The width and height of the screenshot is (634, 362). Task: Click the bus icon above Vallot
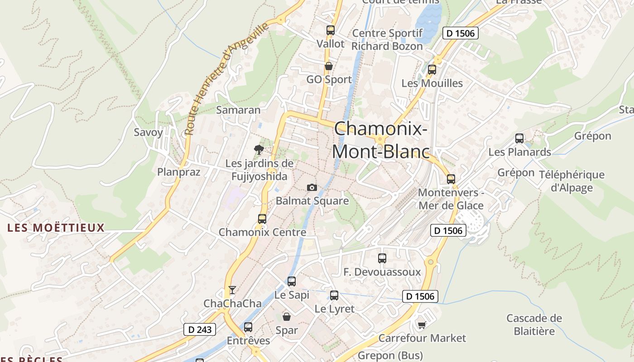coord(331,30)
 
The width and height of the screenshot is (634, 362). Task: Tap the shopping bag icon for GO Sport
coord(329,66)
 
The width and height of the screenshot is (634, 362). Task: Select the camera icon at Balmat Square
coord(312,187)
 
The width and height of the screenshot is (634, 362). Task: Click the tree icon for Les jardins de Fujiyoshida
coord(259,149)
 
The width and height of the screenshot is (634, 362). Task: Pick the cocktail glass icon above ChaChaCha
coord(232,290)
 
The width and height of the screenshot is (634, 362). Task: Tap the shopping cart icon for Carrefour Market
coord(422,325)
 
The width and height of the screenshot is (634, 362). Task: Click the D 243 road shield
coord(200,329)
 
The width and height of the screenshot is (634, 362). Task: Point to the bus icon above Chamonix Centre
coord(262,219)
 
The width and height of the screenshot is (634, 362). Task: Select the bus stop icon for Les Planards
coord(519,138)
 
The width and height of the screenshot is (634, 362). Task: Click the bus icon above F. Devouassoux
coord(382,258)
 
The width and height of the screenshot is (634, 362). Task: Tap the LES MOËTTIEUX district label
coord(56,228)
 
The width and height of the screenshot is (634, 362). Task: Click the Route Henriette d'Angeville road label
coord(226,79)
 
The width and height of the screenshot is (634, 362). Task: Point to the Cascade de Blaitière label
coord(534,324)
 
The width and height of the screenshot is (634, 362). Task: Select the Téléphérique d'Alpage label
coord(572,181)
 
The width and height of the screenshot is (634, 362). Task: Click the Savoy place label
coord(148,132)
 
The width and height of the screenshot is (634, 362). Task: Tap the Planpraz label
coord(178,172)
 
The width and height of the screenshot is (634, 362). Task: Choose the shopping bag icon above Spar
coord(286,316)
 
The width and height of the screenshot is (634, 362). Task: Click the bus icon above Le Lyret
coord(334,295)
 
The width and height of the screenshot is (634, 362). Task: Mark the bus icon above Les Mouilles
coord(432,70)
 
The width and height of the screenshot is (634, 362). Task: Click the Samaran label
coord(238,110)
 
